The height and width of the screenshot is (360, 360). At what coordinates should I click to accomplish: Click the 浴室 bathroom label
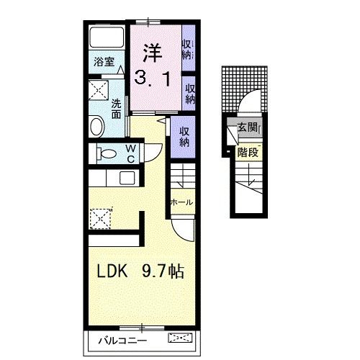tap(104, 62)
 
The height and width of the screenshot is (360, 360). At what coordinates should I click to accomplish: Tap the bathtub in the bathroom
tap(107, 37)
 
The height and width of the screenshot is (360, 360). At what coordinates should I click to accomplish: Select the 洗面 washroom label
tap(116, 109)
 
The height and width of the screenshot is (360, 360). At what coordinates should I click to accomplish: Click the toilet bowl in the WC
tap(107, 153)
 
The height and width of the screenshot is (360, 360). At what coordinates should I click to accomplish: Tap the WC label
tap(131, 154)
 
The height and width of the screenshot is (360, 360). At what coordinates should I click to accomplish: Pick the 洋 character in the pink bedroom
tap(153, 53)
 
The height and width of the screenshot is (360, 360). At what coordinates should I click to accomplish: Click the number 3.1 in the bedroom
tap(153, 78)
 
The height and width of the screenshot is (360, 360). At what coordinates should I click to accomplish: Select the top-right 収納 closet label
tap(186, 50)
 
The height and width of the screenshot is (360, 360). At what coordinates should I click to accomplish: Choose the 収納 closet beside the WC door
tap(184, 137)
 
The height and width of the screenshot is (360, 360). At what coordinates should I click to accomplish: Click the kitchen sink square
tap(127, 179)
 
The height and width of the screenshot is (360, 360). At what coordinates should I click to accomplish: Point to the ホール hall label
tap(181, 202)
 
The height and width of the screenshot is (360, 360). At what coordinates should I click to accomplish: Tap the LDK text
tap(112, 271)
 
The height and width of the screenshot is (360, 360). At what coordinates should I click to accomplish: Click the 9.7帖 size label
tap(163, 271)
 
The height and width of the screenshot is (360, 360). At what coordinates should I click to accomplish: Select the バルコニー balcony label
tap(122, 341)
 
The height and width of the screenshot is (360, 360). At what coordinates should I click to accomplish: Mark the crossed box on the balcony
tap(180, 338)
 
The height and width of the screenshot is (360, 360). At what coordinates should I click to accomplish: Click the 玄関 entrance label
tap(247, 127)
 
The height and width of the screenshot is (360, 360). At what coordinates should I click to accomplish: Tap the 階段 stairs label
tap(248, 152)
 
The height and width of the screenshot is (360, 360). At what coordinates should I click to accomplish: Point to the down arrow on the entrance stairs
tap(251, 174)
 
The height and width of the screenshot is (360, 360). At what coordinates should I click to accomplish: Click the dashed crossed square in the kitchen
tap(100, 219)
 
